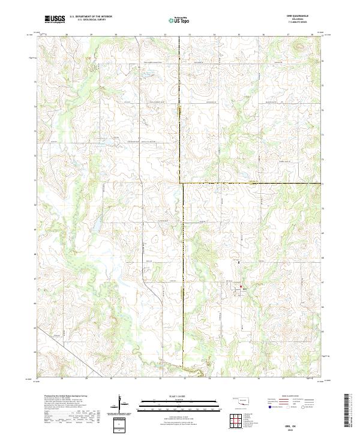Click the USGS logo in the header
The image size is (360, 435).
55,19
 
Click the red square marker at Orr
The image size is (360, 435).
241,287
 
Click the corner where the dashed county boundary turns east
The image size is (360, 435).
182,182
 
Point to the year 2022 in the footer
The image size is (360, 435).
298,426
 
